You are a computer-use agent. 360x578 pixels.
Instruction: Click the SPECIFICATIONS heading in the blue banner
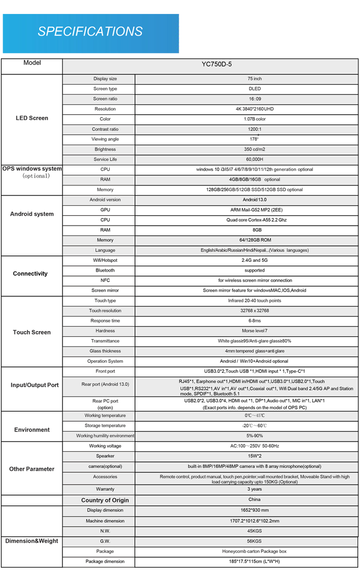click(x=90, y=31)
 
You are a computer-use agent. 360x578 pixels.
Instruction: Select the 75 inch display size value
click(x=255, y=79)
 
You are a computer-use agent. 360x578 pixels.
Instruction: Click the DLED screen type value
click(x=255, y=89)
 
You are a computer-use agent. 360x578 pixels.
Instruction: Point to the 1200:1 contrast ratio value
click(x=255, y=129)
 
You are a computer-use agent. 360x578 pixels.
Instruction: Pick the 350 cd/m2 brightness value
click(x=255, y=149)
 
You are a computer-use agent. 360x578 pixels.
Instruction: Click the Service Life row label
click(x=105, y=159)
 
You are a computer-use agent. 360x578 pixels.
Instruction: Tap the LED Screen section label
click(x=31, y=118)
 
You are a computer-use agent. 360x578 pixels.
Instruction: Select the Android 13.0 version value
click(x=255, y=200)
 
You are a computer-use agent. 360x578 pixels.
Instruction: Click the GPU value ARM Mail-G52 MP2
click(x=255, y=210)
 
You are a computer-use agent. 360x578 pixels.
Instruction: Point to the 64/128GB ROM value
click(x=255, y=240)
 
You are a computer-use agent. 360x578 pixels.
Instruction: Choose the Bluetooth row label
click(x=105, y=270)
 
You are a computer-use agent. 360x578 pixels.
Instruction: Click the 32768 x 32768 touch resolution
click(x=255, y=311)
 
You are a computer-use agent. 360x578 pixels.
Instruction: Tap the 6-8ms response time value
click(x=255, y=321)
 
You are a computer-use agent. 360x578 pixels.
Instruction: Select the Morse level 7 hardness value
click(x=255, y=331)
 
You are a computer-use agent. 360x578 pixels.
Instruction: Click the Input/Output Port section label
click(x=34, y=385)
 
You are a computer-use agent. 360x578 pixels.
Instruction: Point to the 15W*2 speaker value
click(x=255, y=456)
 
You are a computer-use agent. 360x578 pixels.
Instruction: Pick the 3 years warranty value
click(x=255, y=489)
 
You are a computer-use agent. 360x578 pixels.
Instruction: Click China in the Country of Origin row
click(x=254, y=500)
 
